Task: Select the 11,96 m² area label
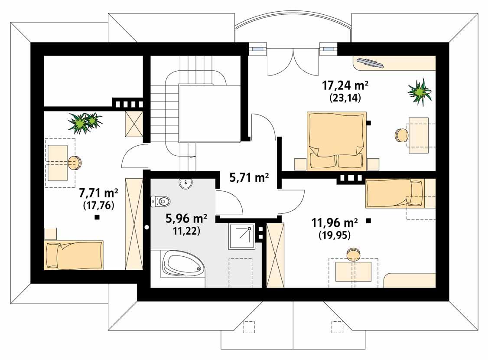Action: pos(334,223)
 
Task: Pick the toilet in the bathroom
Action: pos(161,201)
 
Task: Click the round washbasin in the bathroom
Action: pos(186,184)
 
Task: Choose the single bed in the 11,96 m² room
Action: pos(394,193)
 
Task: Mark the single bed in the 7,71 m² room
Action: pos(74,255)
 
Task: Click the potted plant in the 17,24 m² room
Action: pos(419,92)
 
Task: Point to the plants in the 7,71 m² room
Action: pos(85,122)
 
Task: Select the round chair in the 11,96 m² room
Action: pos(353,254)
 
